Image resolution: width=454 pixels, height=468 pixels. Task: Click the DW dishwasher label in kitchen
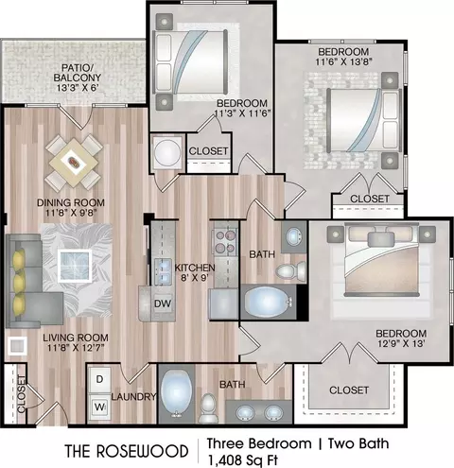click(x=163, y=303)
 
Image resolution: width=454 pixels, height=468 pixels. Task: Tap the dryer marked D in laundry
click(x=99, y=379)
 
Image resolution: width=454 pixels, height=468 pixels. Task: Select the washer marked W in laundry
click(x=99, y=407)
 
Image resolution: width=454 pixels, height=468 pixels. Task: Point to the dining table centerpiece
click(x=75, y=162)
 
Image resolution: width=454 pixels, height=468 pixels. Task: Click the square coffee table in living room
click(x=75, y=266)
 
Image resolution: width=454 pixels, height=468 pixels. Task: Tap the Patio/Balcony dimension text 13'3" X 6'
click(x=78, y=87)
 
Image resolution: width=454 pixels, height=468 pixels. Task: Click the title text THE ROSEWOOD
click(x=127, y=451)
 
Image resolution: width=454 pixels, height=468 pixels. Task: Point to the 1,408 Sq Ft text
click(x=242, y=460)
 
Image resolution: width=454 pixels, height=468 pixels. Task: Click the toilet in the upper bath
click(x=290, y=270)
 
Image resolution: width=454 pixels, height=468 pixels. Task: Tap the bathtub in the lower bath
click(x=176, y=394)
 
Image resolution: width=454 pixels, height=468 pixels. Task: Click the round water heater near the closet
click(x=167, y=152)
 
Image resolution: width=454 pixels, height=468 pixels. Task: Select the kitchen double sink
click(x=163, y=271)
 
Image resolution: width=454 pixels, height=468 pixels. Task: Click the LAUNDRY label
click(x=133, y=397)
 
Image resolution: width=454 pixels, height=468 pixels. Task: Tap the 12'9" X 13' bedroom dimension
click(x=402, y=343)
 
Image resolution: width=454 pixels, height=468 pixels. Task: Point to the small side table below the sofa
click(x=17, y=346)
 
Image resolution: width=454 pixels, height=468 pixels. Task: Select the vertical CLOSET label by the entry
click(x=21, y=393)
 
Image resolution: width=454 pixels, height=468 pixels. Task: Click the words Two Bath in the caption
click(x=358, y=443)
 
